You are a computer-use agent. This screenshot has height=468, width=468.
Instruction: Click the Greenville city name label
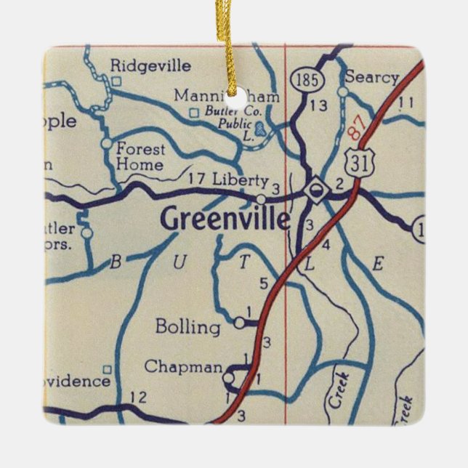[x=225, y=219]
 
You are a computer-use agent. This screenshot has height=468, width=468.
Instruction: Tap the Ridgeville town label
[x=150, y=66]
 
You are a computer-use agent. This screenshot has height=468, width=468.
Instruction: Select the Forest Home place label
[x=141, y=156]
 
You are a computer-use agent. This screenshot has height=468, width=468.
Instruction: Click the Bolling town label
[x=187, y=327]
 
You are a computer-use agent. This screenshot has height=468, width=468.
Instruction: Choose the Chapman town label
[x=183, y=367]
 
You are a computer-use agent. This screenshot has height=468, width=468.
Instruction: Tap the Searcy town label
[x=372, y=77]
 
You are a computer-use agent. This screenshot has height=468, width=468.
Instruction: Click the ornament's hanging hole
[x=233, y=92]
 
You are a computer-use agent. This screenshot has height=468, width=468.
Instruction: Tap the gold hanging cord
[x=234, y=40]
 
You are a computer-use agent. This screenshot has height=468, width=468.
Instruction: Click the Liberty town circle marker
[x=261, y=198]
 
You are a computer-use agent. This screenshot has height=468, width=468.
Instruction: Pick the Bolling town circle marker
[x=239, y=320]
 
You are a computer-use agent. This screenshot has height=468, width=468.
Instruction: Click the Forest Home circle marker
[x=107, y=144]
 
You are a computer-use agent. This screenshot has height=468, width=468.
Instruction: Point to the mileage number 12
[x=137, y=397]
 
